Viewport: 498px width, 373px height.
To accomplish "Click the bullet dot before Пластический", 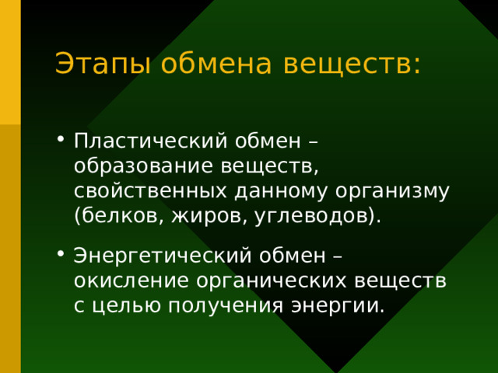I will [x=61, y=141].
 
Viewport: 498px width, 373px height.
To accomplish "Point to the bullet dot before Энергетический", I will [x=61, y=256].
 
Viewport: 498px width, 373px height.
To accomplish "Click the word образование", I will [x=145, y=166].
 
